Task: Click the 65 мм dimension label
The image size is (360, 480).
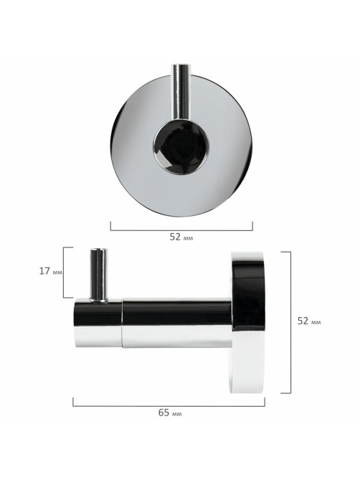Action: pos(170,413)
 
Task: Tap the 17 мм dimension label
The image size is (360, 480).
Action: pos(50,271)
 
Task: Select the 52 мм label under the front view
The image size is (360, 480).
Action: pos(181,237)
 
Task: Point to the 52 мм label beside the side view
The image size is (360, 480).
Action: pos(309,321)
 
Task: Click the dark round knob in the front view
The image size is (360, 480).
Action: pos(181,147)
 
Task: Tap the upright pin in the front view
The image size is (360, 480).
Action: pos(181,92)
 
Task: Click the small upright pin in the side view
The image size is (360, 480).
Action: pos(99,275)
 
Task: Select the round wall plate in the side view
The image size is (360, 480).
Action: pos(247,322)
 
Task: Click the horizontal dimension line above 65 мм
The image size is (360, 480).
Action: pos(169,406)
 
